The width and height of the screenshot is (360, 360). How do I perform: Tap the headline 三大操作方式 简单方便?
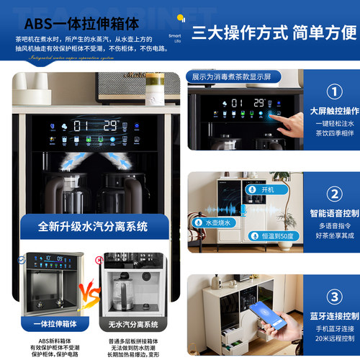click(274, 32)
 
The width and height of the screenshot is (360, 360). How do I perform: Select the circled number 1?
click(333, 92)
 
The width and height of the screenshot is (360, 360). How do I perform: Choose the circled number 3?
click(333, 297)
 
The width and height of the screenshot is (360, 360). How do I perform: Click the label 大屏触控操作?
click(333, 111)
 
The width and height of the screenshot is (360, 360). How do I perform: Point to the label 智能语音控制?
click(333, 213)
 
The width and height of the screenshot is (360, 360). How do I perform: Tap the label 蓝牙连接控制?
click(333, 315)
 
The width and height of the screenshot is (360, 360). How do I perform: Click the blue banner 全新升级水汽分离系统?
click(94, 226)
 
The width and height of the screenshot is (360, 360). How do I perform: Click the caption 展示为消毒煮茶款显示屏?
click(230, 76)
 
